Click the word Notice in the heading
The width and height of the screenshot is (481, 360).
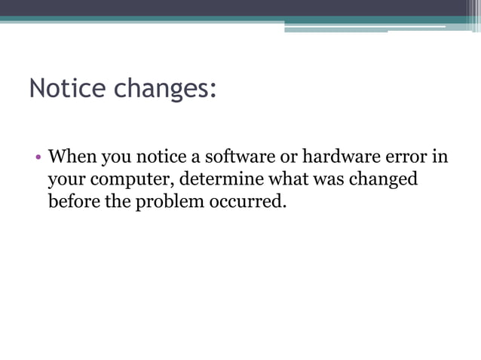pyautogui.click(x=68, y=89)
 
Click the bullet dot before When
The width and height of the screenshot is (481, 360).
pyautogui.click(x=37, y=160)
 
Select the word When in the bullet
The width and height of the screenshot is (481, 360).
pyautogui.click(x=69, y=159)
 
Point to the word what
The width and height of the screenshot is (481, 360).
pyautogui.click(x=287, y=181)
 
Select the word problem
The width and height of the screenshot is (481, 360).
pyautogui.click(x=167, y=203)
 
